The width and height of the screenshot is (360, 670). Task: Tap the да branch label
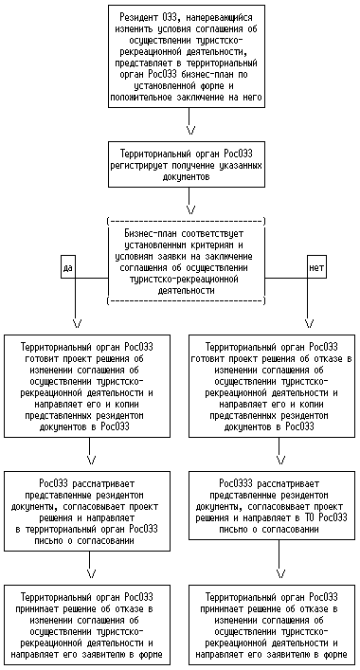68,267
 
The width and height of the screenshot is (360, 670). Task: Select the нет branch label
316,267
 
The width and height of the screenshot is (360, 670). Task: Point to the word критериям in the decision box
211,245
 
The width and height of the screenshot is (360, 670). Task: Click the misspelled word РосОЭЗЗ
234,484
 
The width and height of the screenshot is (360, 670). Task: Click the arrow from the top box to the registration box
189,120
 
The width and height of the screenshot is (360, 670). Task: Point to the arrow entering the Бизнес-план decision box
189,201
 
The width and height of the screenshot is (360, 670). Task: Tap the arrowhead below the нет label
309,323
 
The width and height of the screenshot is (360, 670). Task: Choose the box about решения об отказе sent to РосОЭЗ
272,386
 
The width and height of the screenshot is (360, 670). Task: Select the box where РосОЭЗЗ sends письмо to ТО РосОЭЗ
272,506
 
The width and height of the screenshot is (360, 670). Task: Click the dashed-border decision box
186,262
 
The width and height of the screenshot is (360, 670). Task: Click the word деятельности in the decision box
186,291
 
